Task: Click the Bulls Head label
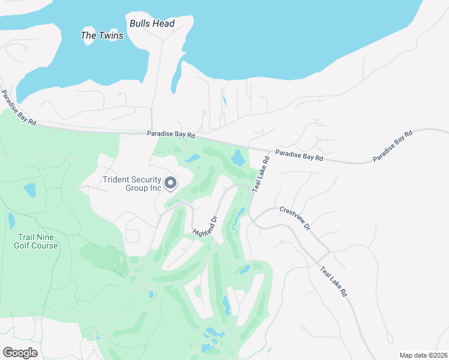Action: click(x=152, y=24)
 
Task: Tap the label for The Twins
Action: click(x=102, y=35)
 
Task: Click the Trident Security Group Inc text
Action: click(x=133, y=184)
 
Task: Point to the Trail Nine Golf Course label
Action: click(x=37, y=241)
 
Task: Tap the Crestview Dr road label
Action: click(x=295, y=218)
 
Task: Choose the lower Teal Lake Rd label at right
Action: click(x=333, y=281)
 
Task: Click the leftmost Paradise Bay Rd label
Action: click(x=18, y=108)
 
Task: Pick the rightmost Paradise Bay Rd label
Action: click(x=393, y=146)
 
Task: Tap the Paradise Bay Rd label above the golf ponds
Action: click(x=172, y=136)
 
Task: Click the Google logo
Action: click(x=20, y=353)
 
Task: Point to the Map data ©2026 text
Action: click(x=423, y=355)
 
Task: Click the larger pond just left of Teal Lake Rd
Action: click(x=238, y=158)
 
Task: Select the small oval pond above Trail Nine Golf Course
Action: click(x=29, y=191)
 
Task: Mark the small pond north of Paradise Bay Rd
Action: click(x=224, y=101)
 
